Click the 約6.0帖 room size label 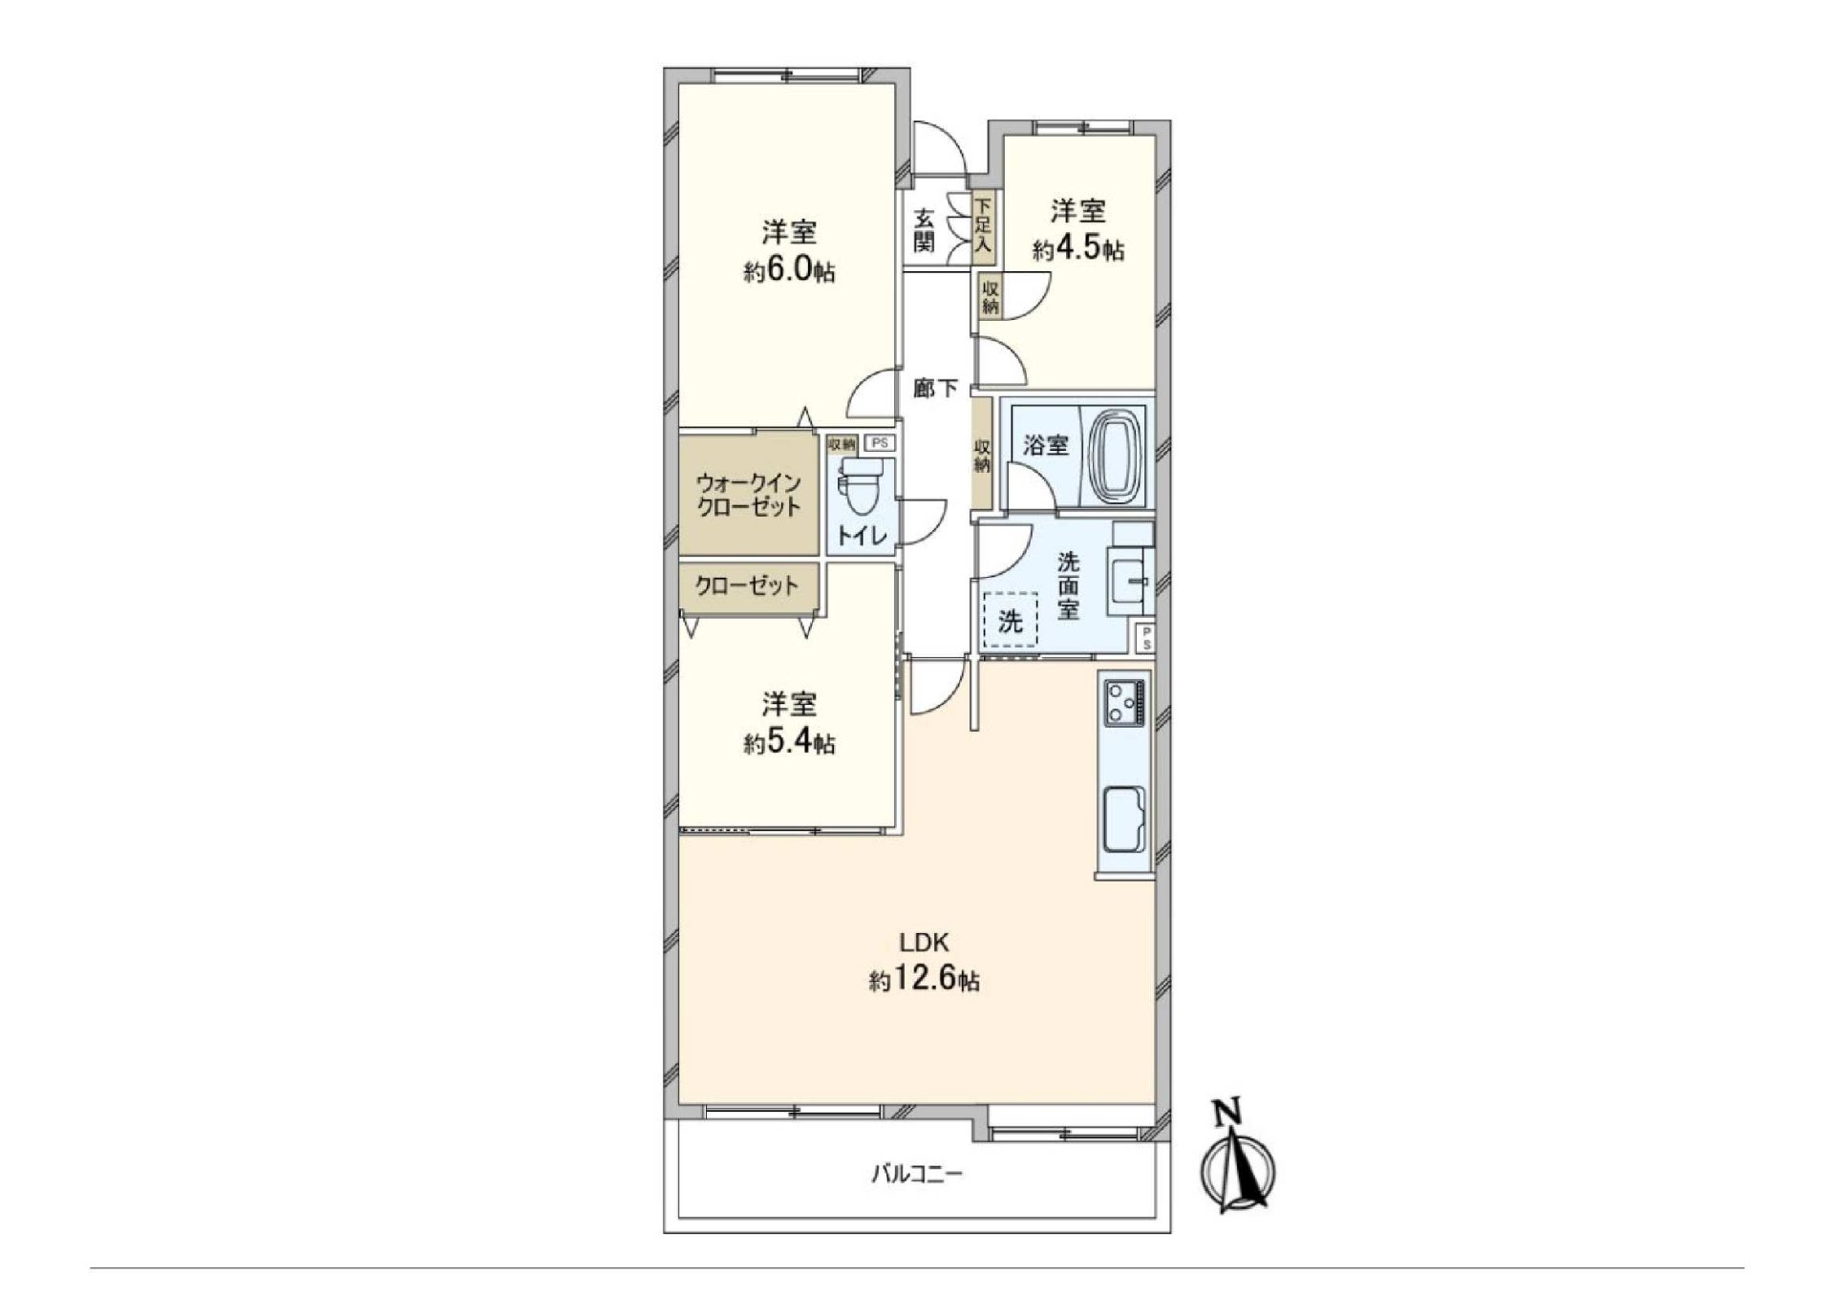point(790,271)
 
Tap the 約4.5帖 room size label point(1078,250)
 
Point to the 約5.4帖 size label point(790,743)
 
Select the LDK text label point(925,944)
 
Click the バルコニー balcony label point(917,1174)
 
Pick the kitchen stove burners point(1124,704)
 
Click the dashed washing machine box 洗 point(1011,621)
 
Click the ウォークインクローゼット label point(749,495)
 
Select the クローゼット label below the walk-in point(746,585)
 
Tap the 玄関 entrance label point(923,230)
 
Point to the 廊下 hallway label point(934,388)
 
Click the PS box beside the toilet point(879,443)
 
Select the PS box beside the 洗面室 point(1145,639)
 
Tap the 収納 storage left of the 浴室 point(982,453)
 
